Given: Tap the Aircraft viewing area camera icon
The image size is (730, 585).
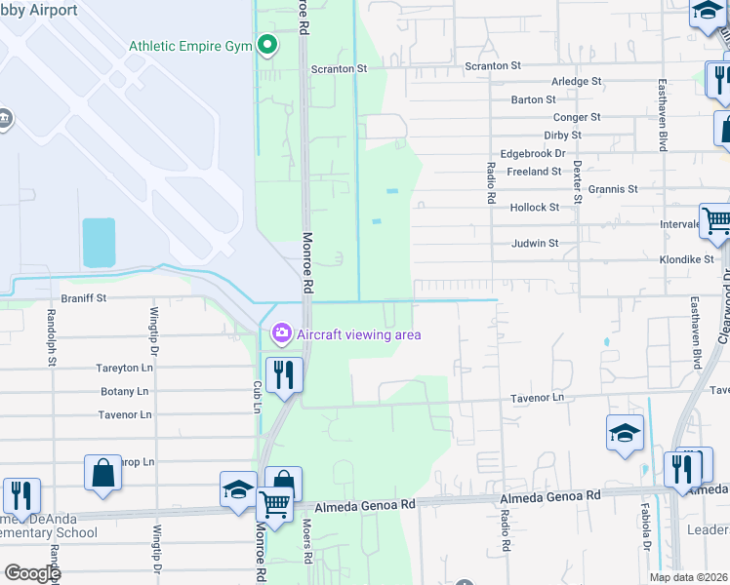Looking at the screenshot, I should click(x=282, y=334).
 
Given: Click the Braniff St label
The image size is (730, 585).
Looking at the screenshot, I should click(x=83, y=296).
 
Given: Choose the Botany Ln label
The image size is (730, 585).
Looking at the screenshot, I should click(x=124, y=392).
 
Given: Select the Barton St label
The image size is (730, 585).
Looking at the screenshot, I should click(x=534, y=99).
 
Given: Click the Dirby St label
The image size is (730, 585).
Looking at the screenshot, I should click(x=563, y=136).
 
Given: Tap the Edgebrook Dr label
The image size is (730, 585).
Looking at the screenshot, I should click(x=533, y=153).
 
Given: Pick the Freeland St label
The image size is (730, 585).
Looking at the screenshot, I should click(x=537, y=172).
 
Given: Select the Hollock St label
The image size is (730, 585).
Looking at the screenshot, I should click(x=535, y=208).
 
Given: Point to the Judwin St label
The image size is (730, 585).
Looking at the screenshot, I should click(x=534, y=243).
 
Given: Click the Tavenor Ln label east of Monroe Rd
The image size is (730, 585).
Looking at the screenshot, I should click(x=539, y=398).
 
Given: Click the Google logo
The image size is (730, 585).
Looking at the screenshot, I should click(x=31, y=573).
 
